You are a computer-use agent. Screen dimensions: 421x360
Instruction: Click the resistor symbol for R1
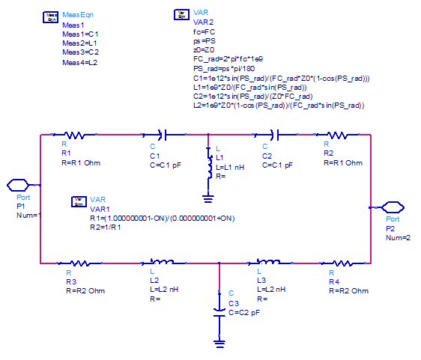[75, 135]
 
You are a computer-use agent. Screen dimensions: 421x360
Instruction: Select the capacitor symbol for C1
[164, 135]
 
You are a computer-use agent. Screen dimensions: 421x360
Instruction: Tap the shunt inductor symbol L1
[208, 162]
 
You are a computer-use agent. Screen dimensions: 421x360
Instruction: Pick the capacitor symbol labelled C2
[276, 135]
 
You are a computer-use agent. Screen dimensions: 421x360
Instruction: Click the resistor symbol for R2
[338, 135]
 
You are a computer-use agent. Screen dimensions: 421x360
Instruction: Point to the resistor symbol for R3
[79, 263]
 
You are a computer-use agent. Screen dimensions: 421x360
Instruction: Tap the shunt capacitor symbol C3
[219, 313]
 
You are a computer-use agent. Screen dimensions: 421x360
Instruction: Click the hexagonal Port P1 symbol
[18, 185]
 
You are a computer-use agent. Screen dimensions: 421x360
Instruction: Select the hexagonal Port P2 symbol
[393, 207]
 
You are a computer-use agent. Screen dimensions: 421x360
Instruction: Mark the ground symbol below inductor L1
[208, 199]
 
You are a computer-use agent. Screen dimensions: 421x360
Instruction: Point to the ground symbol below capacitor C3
[219, 344]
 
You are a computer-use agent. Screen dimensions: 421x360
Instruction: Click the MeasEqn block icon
[50, 17]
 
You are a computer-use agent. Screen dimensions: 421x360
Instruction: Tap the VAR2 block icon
[182, 15]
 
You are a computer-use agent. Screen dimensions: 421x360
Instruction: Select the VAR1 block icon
[79, 202]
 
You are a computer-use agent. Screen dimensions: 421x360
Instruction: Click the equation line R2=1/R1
[105, 228]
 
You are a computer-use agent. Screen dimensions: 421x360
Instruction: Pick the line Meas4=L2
[79, 63]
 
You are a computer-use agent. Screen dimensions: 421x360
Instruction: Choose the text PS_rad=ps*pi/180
[224, 69]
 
